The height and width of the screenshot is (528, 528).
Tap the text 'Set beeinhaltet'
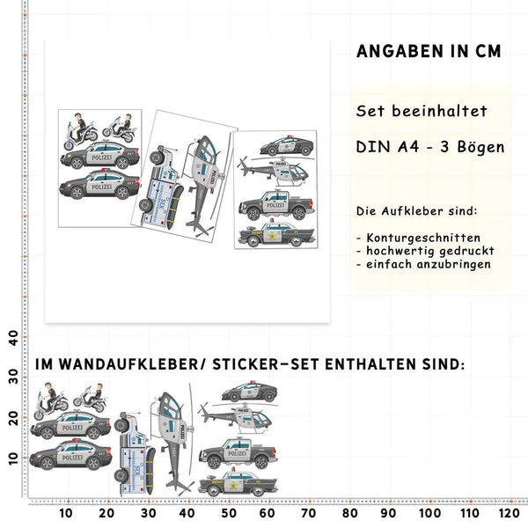click(x=422, y=112)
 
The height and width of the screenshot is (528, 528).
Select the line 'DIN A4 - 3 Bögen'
click(x=429, y=147)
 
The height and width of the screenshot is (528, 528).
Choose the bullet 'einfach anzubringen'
click(x=425, y=264)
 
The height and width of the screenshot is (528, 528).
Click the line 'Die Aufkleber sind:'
click(x=416, y=212)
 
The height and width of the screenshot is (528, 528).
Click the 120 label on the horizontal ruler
click(x=509, y=513)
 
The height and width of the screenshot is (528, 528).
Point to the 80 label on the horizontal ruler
click(x=349, y=513)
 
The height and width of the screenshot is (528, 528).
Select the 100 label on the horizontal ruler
click(x=429, y=513)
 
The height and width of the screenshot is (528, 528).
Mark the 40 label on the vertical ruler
click(x=12, y=338)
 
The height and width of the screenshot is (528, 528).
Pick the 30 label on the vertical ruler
click(x=12, y=377)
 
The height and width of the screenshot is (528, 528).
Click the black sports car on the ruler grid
click(x=249, y=392)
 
